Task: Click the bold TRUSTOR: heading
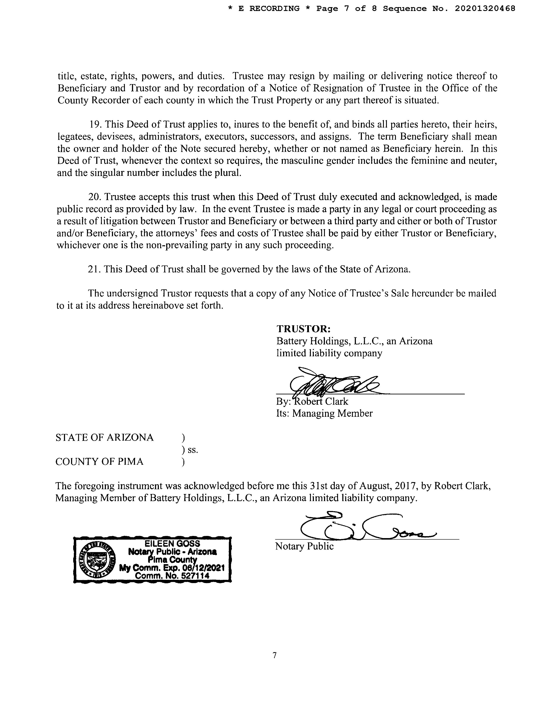(303, 329)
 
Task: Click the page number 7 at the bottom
(274, 655)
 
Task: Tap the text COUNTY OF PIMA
(99, 462)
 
